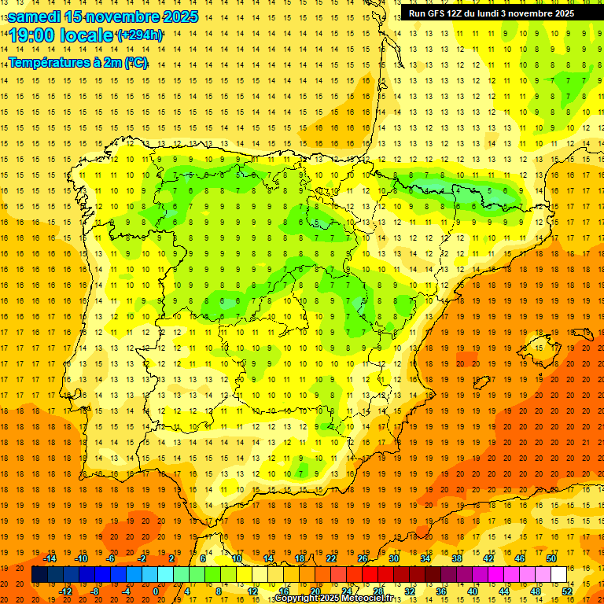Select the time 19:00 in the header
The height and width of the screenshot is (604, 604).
pyautogui.click(x=35, y=35)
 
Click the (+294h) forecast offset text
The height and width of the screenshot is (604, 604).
pyautogui.click(x=139, y=35)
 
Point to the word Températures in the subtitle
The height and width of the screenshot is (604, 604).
pyautogui.click(x=48, y=61)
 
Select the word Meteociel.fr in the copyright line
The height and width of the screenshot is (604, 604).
pyautogui.click(x=366, y=598)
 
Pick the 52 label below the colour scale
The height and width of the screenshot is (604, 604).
pyautogui.click(x=567, y=591)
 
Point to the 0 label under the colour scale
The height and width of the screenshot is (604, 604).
pyautogui.click(x=156, y=591)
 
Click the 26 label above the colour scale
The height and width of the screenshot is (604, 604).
pyautogui.click(x=363, y=558)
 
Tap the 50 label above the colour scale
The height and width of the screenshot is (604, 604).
pyautogui.click(x=551, y=558)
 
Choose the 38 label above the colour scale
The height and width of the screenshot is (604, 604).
pyautogui.click(x=457, y=558)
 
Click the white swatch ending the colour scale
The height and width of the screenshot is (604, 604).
pyautogui.click(x=559, y=575)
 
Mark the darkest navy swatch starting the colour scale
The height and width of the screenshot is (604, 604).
pyautogui.click(x=39, y=575)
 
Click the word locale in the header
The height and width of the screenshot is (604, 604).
pyautogui.click(x=88, y=35)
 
